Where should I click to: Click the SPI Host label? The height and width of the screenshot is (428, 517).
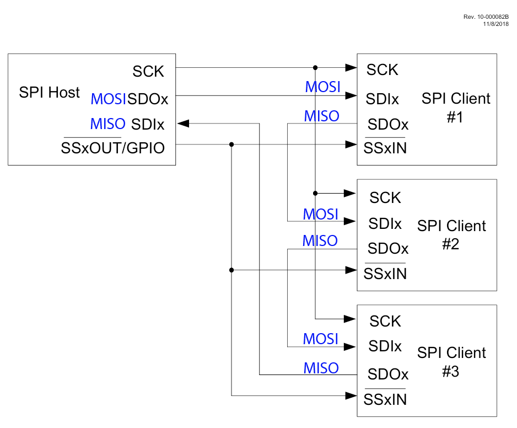click(x=50, y=93)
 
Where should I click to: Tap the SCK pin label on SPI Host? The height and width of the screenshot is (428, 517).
click(x=148, y=72)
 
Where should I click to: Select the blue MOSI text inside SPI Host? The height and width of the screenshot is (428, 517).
click(x=108, y=99)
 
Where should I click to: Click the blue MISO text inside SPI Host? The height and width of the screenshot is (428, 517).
click(x=108, y=124)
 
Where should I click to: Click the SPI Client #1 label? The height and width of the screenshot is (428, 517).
click(x=455, y=108)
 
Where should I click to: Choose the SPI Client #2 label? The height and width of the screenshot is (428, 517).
click(x=451, y=234)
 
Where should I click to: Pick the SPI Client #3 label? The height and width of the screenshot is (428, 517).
click(x=451, y=361)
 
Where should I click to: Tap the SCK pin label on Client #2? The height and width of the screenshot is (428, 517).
click(x=385, y=197)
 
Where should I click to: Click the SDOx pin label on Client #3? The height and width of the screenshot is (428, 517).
click(x=388, y=374)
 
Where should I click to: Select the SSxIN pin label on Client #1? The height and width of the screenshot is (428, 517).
click(x=385, y=148)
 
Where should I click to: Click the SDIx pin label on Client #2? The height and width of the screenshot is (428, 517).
click(x=385, y=223)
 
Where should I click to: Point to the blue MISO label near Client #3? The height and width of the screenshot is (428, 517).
click(x=321, y=368)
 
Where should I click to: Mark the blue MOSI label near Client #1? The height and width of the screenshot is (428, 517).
click(x=322, y=87)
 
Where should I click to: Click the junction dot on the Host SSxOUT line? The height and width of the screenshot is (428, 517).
click(x=231, y=145)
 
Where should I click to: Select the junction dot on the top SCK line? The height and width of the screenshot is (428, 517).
click(x=315, y=68)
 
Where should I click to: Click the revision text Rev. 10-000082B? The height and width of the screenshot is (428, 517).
click(x=486, y=17)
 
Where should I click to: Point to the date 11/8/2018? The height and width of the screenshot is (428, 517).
click(x=496, y=24)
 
